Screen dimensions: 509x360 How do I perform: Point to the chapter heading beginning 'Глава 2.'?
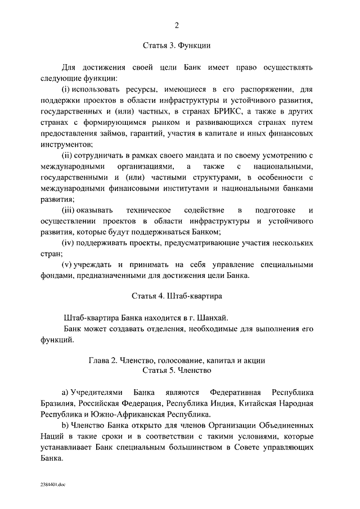(x=177, y=360)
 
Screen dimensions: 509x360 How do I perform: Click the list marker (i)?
(x=65, y=89)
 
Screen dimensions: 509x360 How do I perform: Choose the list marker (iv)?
(x=67, y=243)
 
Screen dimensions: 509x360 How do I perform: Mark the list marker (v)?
(x=66, y=265)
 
